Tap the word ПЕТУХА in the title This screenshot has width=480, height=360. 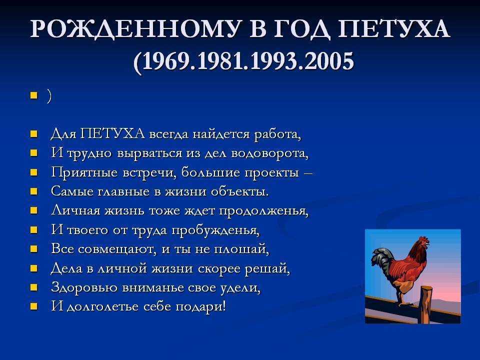point(394,29)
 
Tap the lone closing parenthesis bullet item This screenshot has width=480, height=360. point(49,96)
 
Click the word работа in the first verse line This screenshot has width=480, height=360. point(277,134)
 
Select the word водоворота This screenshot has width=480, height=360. point(269,153)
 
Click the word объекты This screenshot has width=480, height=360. point(239,191)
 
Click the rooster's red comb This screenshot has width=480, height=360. point(423,239)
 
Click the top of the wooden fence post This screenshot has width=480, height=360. point(426,288)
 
